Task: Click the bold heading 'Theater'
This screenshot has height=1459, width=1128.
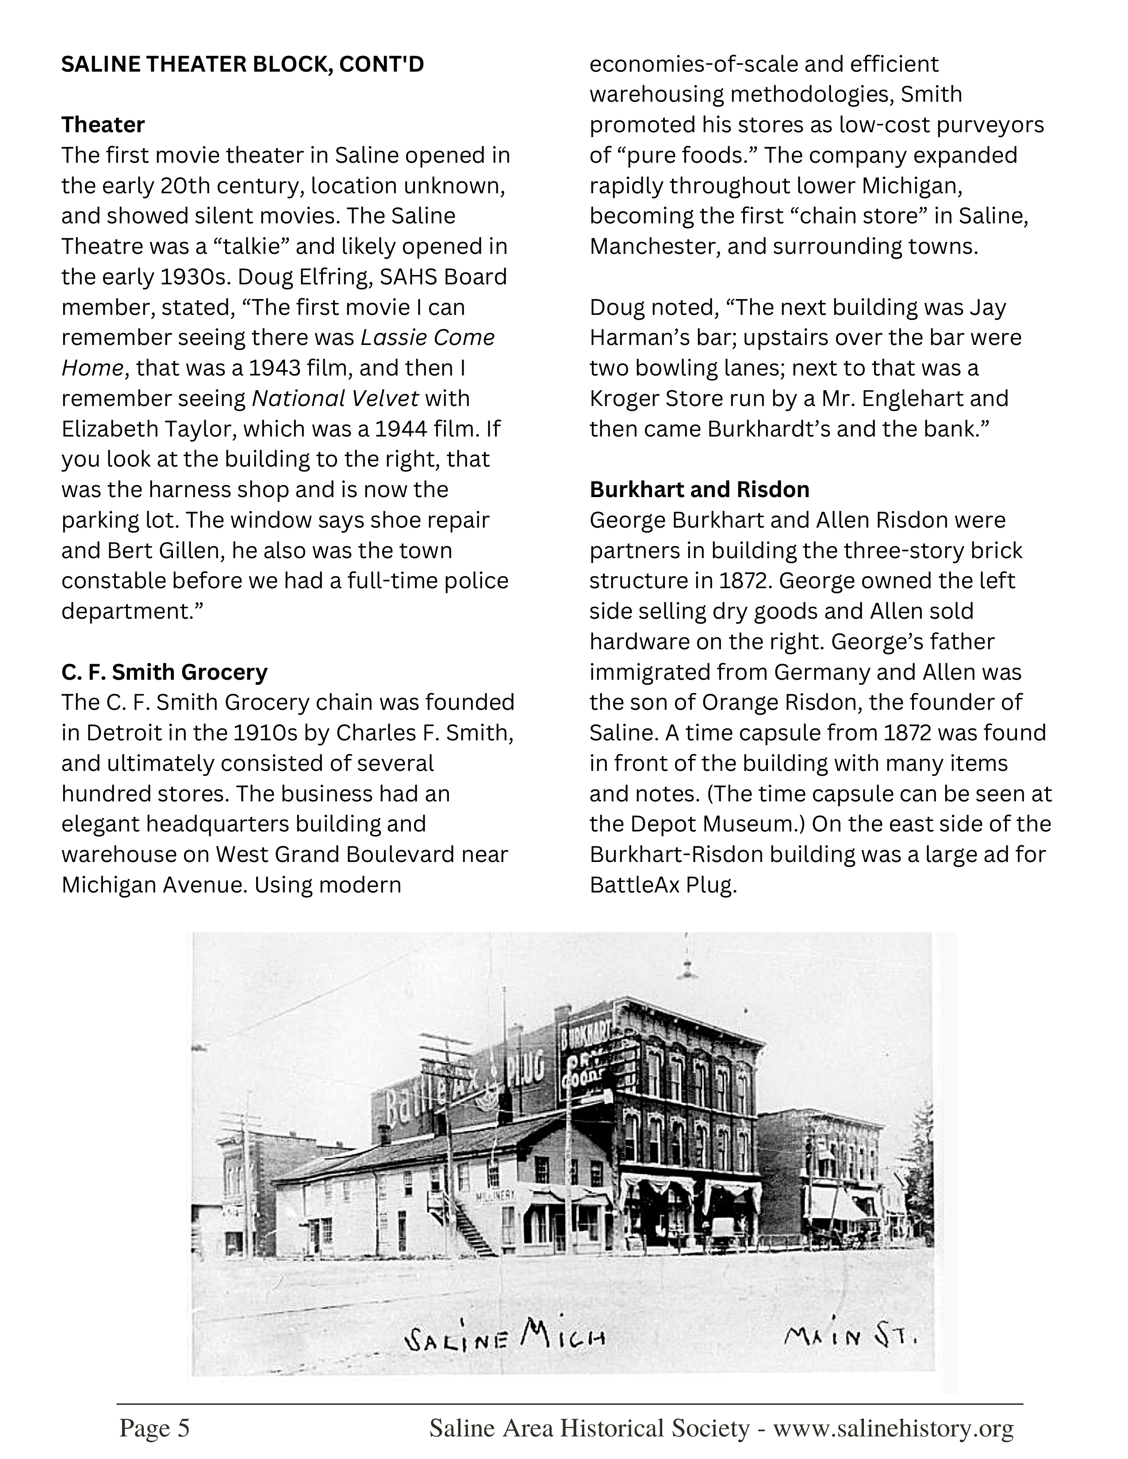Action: click(x=103, y=125)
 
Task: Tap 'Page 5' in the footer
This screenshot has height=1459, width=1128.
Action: click(x=154, y=1428)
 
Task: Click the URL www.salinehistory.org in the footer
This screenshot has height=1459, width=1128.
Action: click(x=894, y=1428)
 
